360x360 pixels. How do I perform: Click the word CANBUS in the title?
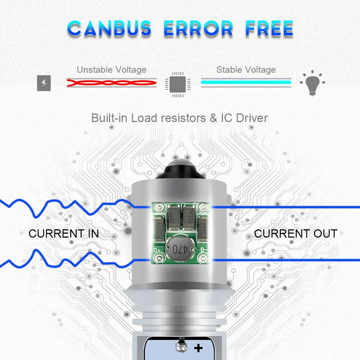tap(109, 28)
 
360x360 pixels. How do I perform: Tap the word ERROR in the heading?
tap(198, 28)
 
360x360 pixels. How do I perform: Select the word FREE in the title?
tap(269, 28)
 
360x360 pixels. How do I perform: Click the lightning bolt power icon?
tap(44, 84)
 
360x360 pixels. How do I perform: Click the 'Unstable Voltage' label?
tap(112, 69)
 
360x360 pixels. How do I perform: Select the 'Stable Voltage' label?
tap(246, 69)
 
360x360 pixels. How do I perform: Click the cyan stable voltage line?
tap(246, 82)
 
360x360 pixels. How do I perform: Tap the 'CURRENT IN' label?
tap(64, 234)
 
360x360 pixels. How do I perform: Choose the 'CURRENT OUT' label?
tap(296, 234)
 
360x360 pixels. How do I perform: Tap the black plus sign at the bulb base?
tap(198, 348)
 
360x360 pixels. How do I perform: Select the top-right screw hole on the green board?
tap(204, 207)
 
